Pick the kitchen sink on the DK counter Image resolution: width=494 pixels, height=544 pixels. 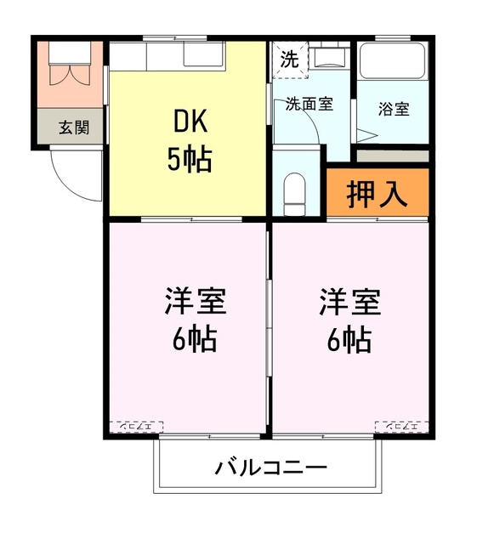[202, 55]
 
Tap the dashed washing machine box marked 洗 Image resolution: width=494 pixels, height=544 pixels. [290, 60]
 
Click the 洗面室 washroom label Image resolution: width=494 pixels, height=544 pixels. [309, 105]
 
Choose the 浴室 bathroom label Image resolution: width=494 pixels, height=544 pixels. [394, 110]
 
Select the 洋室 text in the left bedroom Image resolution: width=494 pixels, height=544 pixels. [195, 303]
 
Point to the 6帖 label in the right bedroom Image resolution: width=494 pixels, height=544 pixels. [349, 339]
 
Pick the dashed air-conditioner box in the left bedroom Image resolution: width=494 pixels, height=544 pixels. [138, 425]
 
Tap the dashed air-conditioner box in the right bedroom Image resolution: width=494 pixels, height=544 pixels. [401, 425]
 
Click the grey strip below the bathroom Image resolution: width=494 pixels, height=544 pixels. [392, 156]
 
